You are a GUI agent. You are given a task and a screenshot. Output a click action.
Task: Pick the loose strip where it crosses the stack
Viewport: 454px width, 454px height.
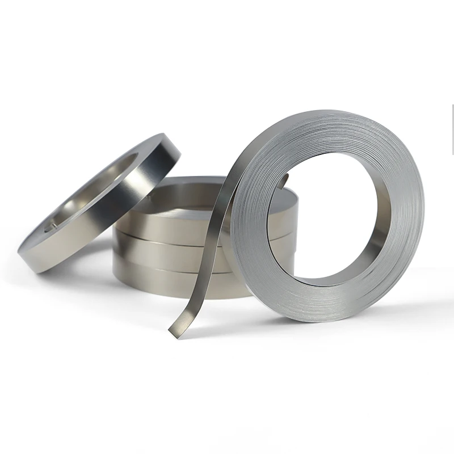coord(213,238)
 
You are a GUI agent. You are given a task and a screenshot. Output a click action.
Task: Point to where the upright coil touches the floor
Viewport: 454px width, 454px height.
coord(318,321)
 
